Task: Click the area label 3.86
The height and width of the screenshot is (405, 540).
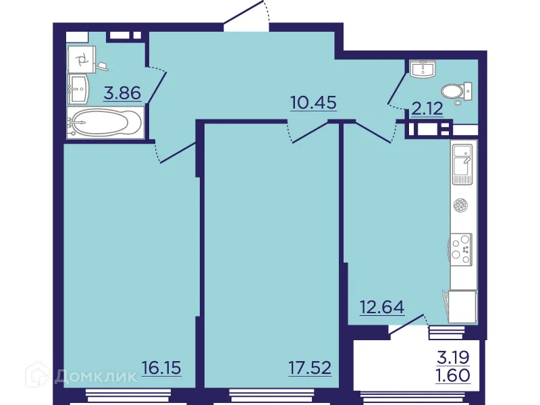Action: tap(122, 93)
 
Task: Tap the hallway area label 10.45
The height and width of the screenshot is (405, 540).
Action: tap(313, 103)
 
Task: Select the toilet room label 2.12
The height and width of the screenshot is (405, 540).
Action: tap(427, 107)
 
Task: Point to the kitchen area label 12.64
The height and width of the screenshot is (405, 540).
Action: tap(381, 308)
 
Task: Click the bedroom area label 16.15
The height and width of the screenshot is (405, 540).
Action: tap(163, 369)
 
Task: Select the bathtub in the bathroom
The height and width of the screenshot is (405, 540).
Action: tap(105, 125)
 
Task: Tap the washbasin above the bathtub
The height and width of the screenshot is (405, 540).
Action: tap(78, 86)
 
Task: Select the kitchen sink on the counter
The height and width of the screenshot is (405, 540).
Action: tap(463, 164)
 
